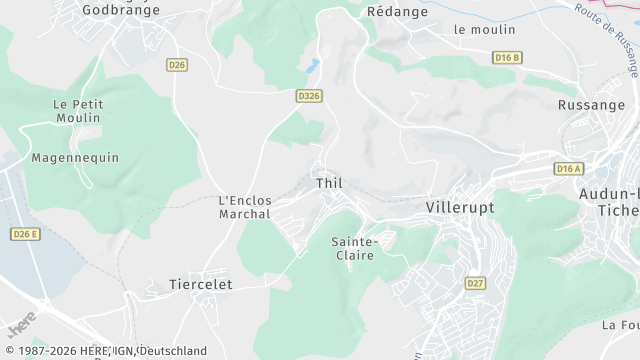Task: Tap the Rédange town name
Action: point(398,11)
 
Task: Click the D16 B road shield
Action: point(507,58)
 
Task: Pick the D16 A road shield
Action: point(568,169)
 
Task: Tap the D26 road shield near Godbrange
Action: point(177,65)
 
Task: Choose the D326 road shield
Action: point(309,96)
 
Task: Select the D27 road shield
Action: point(475,284)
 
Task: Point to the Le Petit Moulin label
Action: point(77,111)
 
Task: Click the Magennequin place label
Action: point(75,158)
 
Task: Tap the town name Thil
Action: point(329,184)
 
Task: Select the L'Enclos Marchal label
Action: point(245,207)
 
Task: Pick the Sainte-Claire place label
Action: point(353,248)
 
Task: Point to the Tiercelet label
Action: point(201,284)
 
